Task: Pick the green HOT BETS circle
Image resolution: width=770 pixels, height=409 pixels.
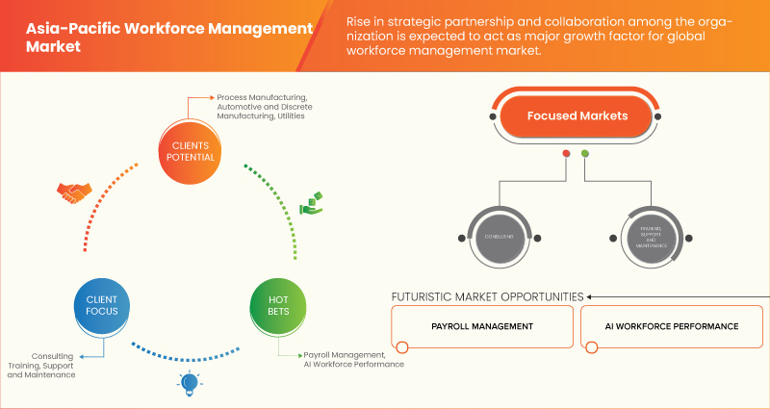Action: tap(279, 307)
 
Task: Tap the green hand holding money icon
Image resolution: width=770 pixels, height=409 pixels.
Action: tap(312, 205)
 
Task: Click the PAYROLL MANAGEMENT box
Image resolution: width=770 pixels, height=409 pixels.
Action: tap(482, 327)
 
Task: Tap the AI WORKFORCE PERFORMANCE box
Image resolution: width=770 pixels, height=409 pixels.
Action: tap(673, 327)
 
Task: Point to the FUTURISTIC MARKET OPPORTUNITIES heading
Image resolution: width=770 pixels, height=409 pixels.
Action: tap(487, 296)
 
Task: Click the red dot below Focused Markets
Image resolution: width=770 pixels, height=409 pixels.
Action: tap(566, 154)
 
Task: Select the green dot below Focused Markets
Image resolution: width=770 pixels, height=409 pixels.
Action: tap(585, 154)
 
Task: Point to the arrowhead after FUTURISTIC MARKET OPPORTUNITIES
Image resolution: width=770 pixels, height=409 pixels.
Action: tap(591, 296)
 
